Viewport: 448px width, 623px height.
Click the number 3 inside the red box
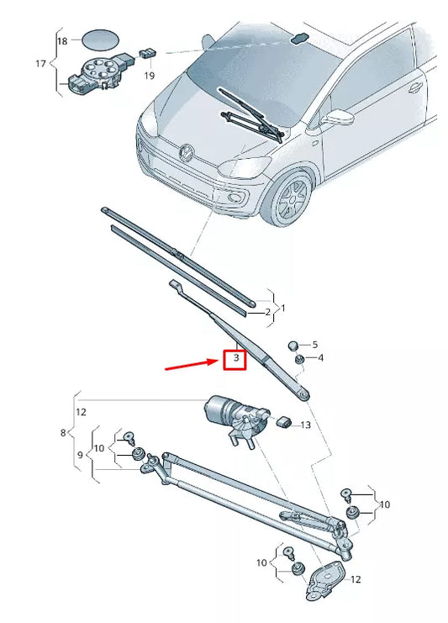pos(237,359)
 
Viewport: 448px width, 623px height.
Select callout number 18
pos(62,40)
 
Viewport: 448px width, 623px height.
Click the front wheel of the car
pos(291,199)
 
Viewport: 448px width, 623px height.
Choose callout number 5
pos(315,345)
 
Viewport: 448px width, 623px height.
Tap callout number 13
pos(305,425)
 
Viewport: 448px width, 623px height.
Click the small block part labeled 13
pos(285,420)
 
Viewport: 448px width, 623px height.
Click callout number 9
pos(81,455)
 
